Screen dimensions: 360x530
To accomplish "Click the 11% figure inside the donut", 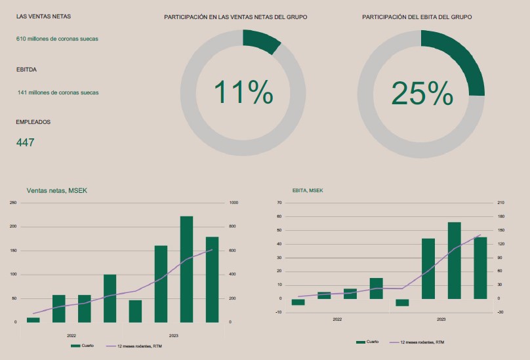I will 243,92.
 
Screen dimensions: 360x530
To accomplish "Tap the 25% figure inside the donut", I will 422,93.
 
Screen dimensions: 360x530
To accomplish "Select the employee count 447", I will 26,142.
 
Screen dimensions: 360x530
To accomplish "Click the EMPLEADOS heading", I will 33,122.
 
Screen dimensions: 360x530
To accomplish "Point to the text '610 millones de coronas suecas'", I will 57,39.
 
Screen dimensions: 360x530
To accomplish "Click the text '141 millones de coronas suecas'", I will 58,92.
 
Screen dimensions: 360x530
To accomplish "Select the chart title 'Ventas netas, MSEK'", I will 56,191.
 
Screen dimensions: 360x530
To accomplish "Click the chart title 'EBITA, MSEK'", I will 308,191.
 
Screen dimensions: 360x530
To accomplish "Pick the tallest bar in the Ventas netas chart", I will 186,269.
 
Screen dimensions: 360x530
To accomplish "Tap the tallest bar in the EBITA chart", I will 454,260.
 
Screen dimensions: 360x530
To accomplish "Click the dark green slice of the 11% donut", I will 261,39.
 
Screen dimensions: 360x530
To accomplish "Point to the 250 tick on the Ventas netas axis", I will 13,203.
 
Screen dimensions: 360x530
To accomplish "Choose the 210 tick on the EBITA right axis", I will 500,203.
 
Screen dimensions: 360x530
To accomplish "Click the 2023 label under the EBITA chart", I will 441,319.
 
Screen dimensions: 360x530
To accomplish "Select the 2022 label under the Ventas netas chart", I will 71,335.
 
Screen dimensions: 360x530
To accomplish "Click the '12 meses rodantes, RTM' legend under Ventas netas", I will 139,345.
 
